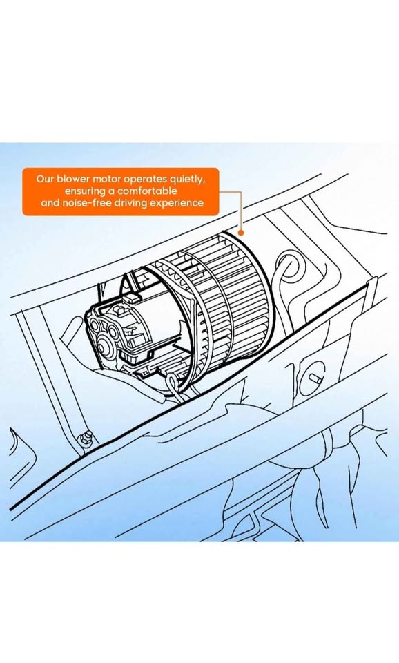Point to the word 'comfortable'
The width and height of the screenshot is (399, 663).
[x=146, y=191]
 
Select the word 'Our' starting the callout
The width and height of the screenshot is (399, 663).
[x=45, y=178]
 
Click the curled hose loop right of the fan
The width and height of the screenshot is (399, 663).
[x=286, y=266]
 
